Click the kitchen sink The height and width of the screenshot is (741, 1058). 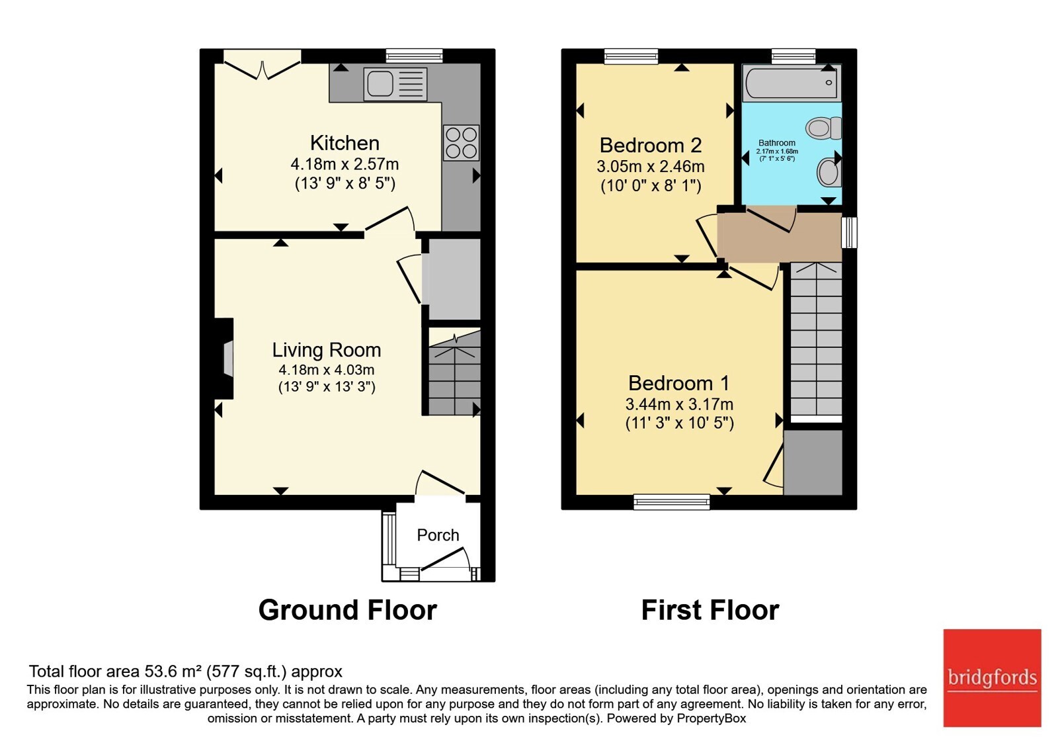coord(395,84)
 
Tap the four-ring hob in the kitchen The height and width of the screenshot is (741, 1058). coord(462,143)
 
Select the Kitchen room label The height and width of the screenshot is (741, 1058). coord(345,143)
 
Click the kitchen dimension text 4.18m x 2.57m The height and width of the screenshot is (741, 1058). coord(345,165)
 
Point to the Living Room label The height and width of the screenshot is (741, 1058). coord(327,350)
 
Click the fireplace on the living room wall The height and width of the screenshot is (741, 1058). coord(225,359)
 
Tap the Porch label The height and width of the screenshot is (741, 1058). coord(438,535)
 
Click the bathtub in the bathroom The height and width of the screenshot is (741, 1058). coord(792,83)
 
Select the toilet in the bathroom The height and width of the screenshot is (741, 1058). coord(824,128)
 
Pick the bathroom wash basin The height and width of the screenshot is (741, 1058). coord(829,172)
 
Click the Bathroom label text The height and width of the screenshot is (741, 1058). coord(777,143)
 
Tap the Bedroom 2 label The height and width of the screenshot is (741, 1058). coord(651,145)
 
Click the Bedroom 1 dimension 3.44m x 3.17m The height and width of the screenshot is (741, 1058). coord(679,404)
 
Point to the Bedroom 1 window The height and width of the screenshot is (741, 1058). coord(672,502)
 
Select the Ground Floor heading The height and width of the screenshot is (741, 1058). coord(348,610)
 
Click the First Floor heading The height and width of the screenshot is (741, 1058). coord(710,610)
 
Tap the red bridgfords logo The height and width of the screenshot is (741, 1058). coord(993,677)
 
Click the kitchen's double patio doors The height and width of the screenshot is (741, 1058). coord(262,64)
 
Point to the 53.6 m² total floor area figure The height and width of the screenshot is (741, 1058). coord(173,671)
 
